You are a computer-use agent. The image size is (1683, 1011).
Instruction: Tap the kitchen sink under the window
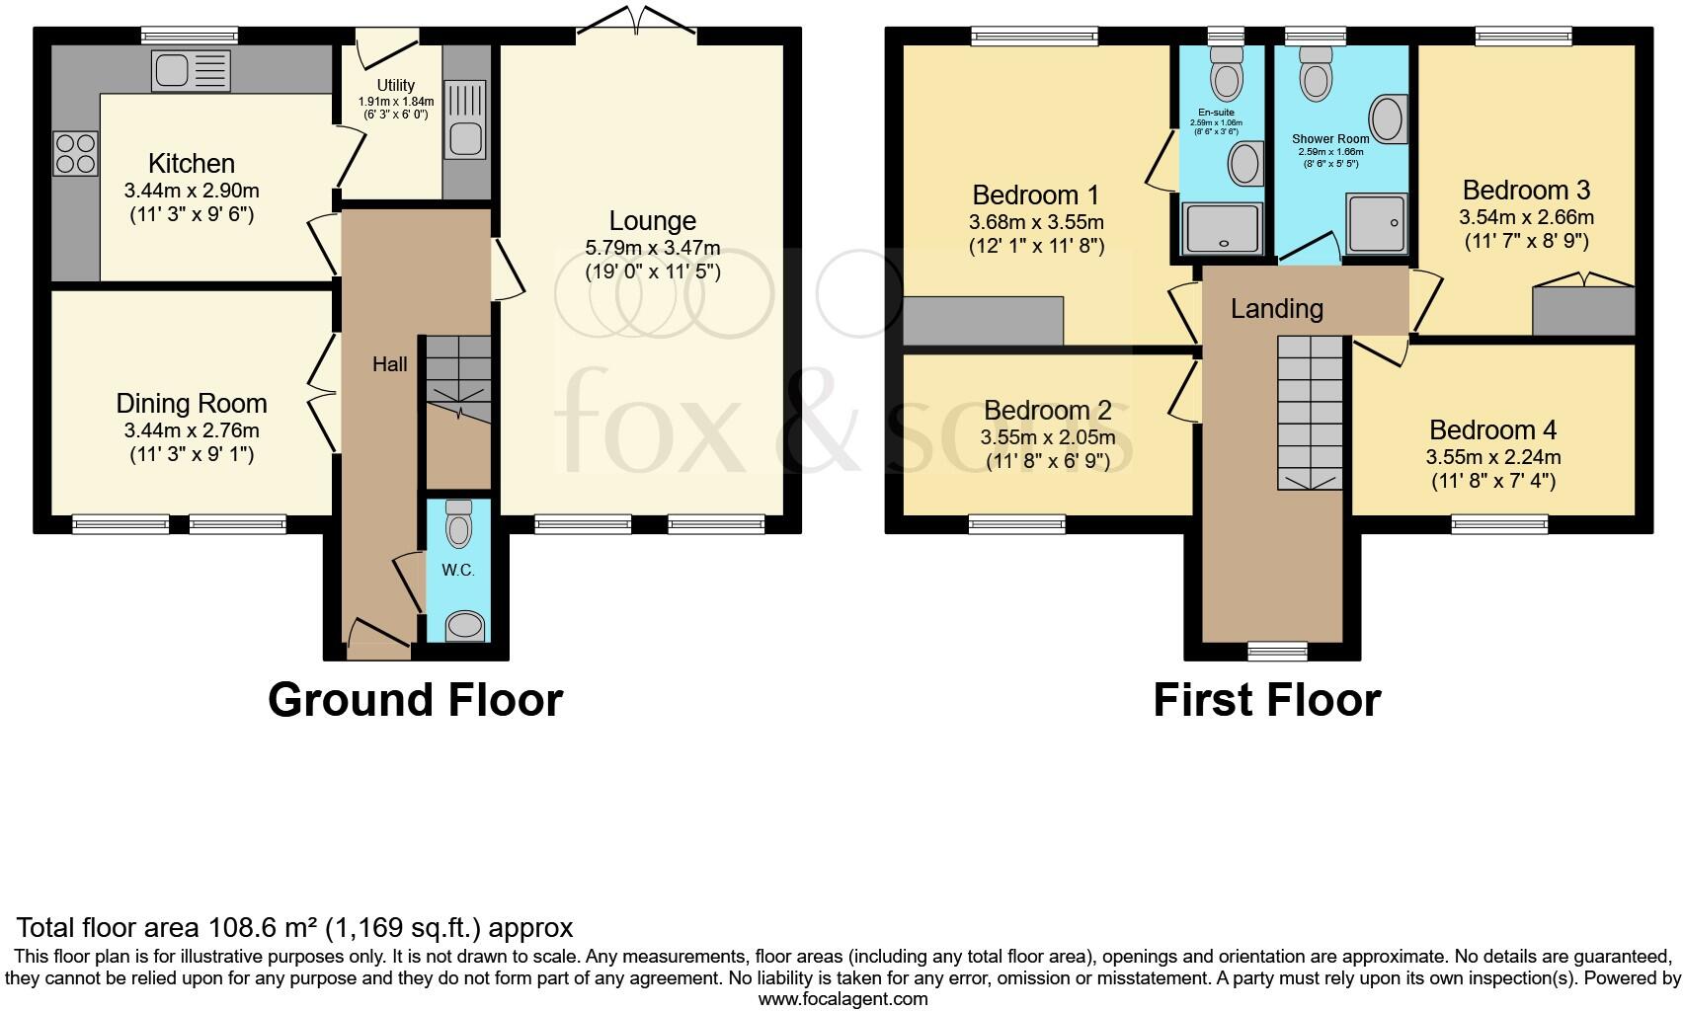coord(192,71)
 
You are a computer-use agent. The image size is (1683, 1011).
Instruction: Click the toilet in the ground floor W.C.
coord(459,524)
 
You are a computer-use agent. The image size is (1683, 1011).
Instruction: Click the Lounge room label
coord(652,221)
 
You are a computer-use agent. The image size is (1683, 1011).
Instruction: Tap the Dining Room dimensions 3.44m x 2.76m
coord(192,430)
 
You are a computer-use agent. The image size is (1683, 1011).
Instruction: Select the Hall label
coord(389,364)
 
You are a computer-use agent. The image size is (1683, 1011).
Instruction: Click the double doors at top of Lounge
coord(637,22)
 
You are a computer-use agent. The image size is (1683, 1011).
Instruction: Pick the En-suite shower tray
coord(1223,227)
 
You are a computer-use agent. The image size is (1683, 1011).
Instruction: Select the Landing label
coord(1276,309)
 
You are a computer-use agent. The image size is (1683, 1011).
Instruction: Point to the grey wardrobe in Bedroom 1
coord(983,321)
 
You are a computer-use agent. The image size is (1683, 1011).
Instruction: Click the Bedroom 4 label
coord(1492,430)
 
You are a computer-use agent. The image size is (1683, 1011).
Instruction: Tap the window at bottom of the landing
coord(1276,650)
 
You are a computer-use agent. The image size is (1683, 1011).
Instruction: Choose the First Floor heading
coord(1266,700)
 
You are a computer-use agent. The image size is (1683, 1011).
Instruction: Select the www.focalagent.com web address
coord(842,999)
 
